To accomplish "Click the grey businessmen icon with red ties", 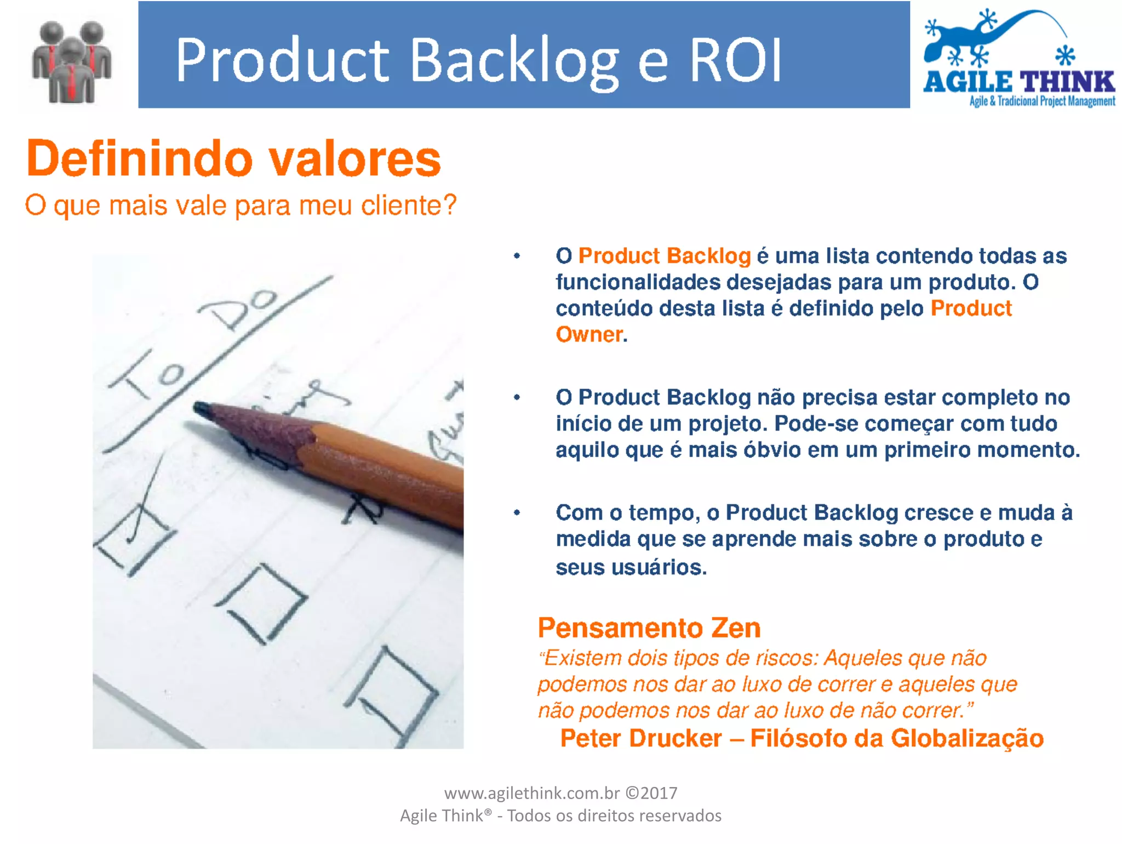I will pos(71,61).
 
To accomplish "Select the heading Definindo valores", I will pos(233,159).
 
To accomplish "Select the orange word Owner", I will pos(589,334).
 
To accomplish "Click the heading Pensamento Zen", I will pos(649,628).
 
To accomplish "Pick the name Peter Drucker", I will pos(641,738).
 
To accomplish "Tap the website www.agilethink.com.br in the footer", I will pos(531,793).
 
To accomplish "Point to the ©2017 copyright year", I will pos(651,793).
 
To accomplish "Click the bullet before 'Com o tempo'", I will pos(517,513).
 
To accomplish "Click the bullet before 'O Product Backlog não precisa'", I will pos(517,397).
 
